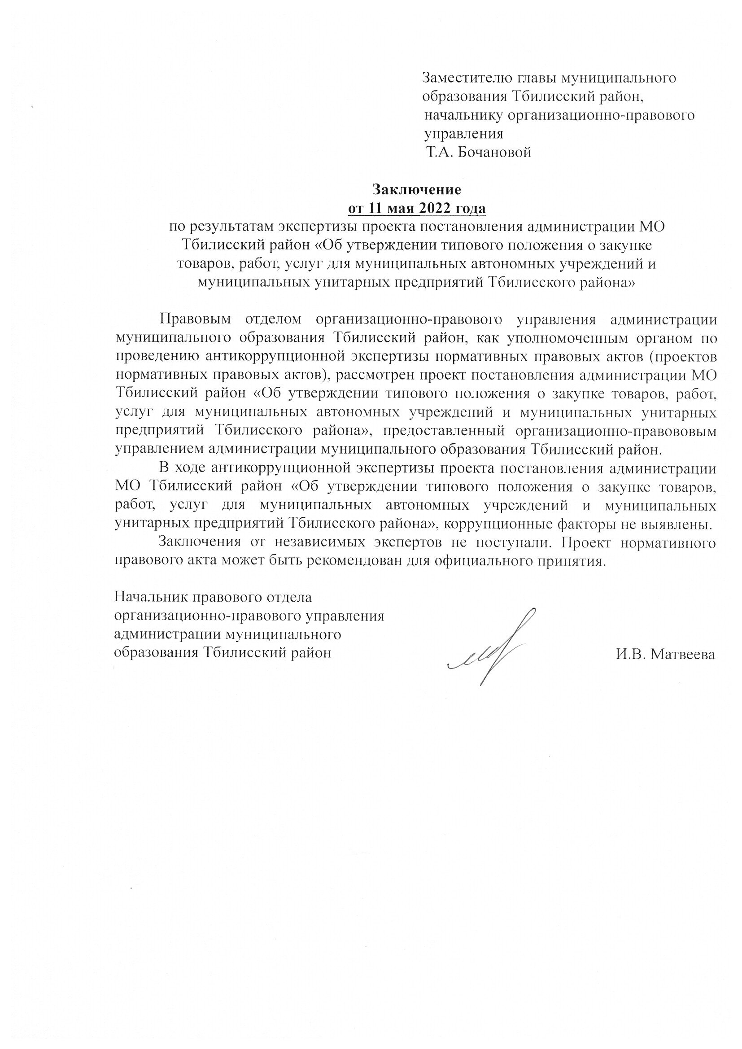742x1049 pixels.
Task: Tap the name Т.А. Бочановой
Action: pyautogui.click(x=478, y=152)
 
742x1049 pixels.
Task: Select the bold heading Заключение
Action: pyautogui.click(x=417, y=189)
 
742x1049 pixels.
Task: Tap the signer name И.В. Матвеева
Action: pyautogui.click(x=665, y=655)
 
